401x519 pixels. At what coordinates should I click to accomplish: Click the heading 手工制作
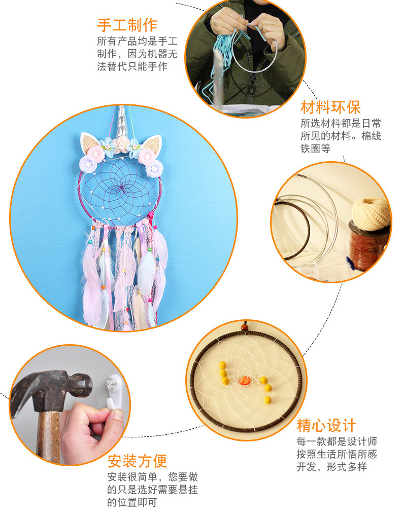click(127, 25)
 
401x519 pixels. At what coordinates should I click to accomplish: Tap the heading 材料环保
click(330, 107)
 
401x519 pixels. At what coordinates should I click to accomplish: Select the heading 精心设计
click(326, 425)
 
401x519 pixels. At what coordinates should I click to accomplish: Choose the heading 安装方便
click(137, 461)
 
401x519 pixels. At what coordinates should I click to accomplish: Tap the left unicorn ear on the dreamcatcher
click(91, 142)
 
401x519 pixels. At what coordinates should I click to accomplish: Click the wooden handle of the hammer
click(48, 436)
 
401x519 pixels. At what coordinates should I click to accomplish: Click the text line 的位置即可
click(132, 502)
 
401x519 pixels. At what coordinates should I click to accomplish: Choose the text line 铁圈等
click(315, 149)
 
